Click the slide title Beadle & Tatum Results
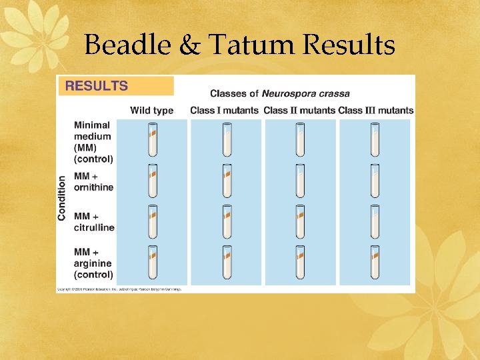coord(240,45)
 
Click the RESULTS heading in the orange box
coord(96,86)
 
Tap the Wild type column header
coord(151,111)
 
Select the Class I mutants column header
coord(224,111)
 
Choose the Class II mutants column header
coord(299,111)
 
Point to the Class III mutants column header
coord(375,111)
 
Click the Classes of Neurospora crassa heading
coord(279,93)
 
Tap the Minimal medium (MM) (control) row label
coord(93,142)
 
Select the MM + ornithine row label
coord(93,182)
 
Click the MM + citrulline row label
coord(94,222)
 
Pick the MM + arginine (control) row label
coord(93,263)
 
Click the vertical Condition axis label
coord(63,198)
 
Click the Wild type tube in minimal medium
coord(153,140)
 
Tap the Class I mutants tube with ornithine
coord(227,181)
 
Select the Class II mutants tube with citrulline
coord(301,221)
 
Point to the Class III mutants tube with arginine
coord(375,262)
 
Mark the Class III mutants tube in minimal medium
coord(375,140)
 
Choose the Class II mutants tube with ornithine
coord(301,181)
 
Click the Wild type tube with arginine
coord(153,262)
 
